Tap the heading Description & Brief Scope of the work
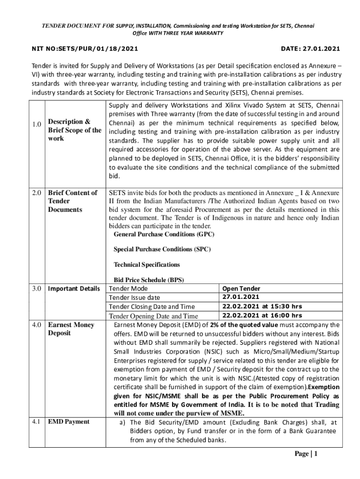(74, 130)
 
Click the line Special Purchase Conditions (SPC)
(162, 249)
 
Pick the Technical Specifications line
(147, 265)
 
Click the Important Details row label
(74, 289)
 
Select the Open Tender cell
(241, 289)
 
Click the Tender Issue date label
(134, 298)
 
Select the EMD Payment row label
(69, 421)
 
